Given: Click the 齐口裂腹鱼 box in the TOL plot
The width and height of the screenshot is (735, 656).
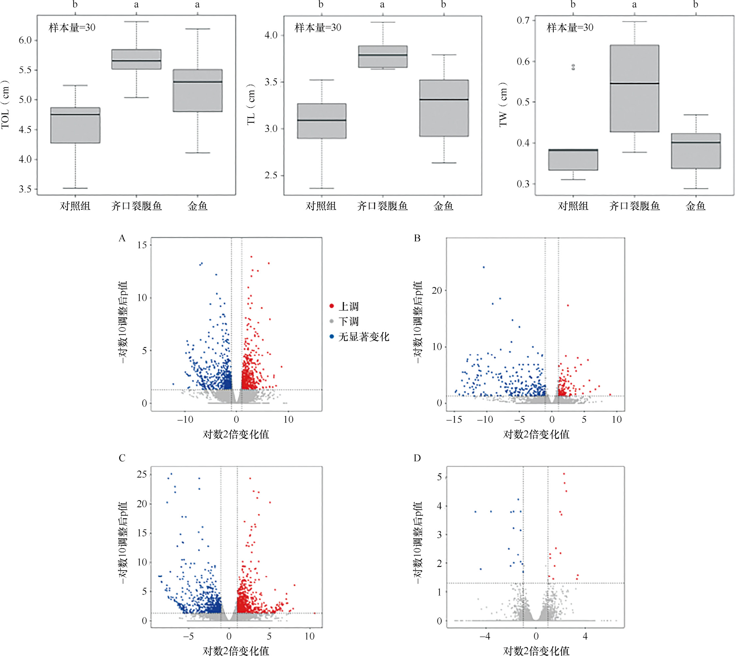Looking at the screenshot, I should point(136,59).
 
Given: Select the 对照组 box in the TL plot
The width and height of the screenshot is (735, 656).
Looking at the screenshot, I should point(321,121).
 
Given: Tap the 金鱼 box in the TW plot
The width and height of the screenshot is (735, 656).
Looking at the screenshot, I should point(696,151).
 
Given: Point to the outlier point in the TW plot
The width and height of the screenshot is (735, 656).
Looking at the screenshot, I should point(573,67).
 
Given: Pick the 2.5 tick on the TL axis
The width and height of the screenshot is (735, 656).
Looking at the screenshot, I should point(271,176).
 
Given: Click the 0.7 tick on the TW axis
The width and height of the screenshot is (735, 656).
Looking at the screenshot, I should point(523,20).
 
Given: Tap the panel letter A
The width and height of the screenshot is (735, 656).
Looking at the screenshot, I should point(122,238).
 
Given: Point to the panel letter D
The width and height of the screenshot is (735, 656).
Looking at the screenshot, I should point(417,458).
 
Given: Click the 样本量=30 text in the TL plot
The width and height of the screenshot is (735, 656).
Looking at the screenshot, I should point(318,28).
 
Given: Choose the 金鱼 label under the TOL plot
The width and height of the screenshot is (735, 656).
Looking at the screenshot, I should point(197,206).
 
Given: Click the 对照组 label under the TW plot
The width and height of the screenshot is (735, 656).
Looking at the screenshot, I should point(573,206).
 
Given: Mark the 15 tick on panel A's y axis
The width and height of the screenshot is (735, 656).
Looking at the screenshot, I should point(142,245).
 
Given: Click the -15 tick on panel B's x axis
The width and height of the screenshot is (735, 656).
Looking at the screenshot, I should point(454,419).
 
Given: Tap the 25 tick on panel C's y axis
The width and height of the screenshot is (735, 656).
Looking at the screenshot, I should point(142,474).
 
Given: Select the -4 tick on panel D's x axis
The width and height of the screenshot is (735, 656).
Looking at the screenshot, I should point(485,636).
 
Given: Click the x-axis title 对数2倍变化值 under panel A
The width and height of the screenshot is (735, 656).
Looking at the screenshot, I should point(236,434).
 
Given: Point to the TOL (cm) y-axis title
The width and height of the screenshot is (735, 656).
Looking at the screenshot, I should point(5,104).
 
